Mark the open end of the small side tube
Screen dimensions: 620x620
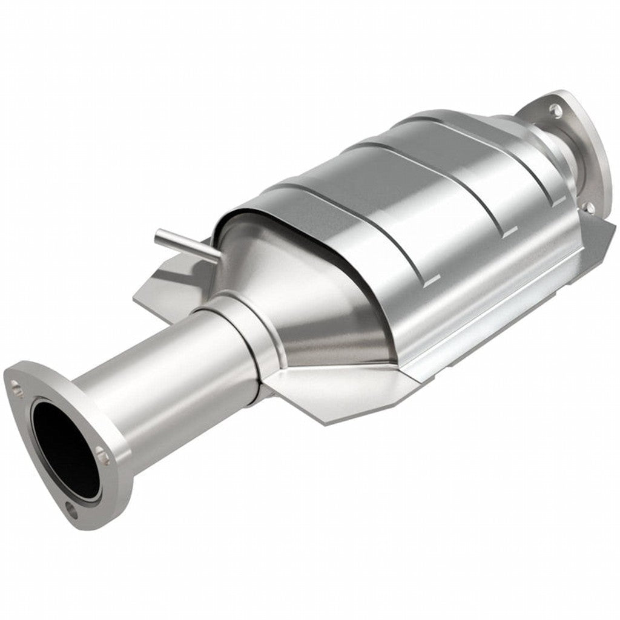click(159, 234)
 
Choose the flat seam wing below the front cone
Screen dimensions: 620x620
click(327, 394)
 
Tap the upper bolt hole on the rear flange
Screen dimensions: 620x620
click(554, 109)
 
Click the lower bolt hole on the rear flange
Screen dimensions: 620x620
click(589, 208)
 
